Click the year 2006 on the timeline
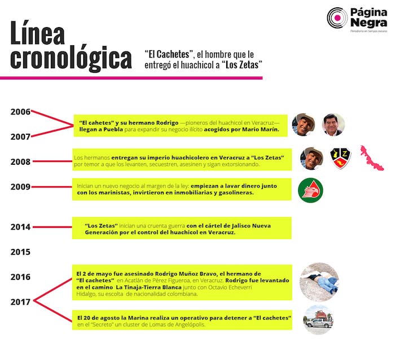point(20,112)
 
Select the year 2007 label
point(20,136)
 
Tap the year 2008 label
point(20,162)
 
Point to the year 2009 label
point(20,187)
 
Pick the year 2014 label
point(20,227)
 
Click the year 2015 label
point(20,252)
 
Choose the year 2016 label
point(20,277)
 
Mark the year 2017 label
point(20,302)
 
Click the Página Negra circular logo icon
point(337,18)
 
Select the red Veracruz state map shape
point(371,158)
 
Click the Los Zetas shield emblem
point(340,159)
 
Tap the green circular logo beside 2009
point(310,190)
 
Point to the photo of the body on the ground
point(319,281)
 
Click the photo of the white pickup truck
point(319,320)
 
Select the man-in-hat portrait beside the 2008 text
point(311,159)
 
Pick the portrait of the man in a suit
point(333,125)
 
